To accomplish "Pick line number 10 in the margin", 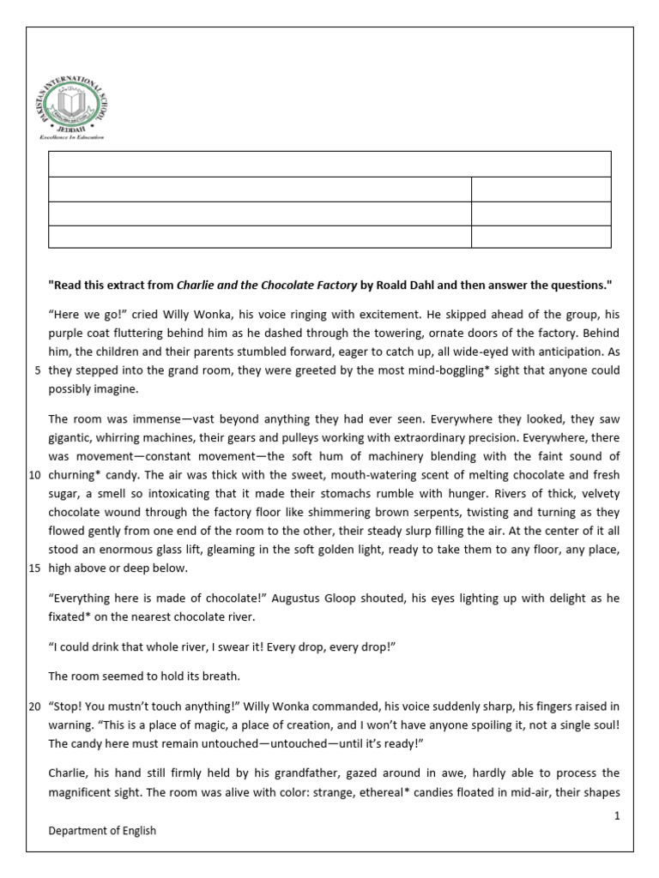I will click(34, 474).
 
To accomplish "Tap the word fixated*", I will click(76, 617).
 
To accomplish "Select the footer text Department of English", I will click(102, 831).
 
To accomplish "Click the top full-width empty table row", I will click(330, 165).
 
